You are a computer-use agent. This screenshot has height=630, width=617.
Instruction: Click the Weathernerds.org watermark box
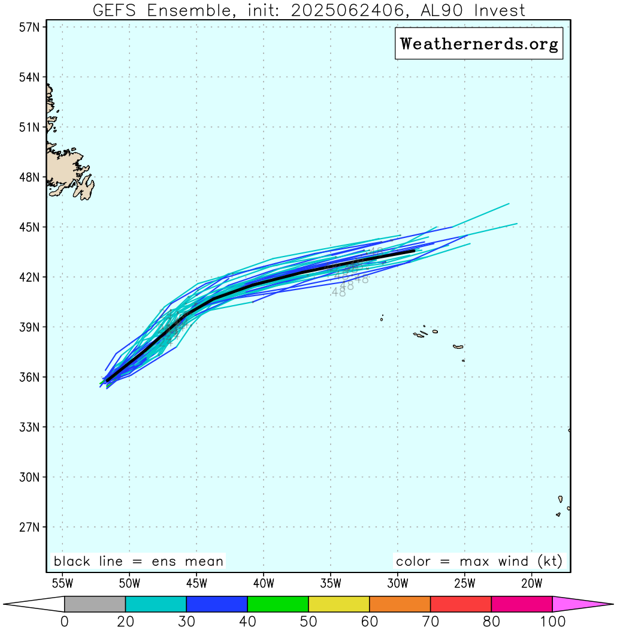pos(479,44)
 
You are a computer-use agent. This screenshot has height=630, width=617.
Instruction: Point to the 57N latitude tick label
pos(28,28)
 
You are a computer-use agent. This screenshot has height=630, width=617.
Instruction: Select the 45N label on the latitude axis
pos(28,228)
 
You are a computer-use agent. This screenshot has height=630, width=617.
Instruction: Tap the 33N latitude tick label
pos(28,428)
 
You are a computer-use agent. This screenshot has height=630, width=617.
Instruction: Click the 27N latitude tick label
pos(28,528)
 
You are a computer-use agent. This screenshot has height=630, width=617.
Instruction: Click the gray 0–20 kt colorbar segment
pos(95,604)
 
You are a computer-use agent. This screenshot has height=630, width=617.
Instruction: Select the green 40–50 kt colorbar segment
pos(278,604)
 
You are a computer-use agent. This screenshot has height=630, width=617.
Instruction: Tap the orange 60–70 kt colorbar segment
pos(400,604)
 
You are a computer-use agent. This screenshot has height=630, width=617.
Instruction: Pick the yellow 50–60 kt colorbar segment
pos(339,604)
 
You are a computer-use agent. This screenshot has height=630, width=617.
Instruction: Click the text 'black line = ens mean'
pos(138,562)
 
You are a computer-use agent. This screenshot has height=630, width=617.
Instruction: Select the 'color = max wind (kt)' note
pos(479,562)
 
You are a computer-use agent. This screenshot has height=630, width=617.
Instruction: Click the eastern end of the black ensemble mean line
pos(414,251)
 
